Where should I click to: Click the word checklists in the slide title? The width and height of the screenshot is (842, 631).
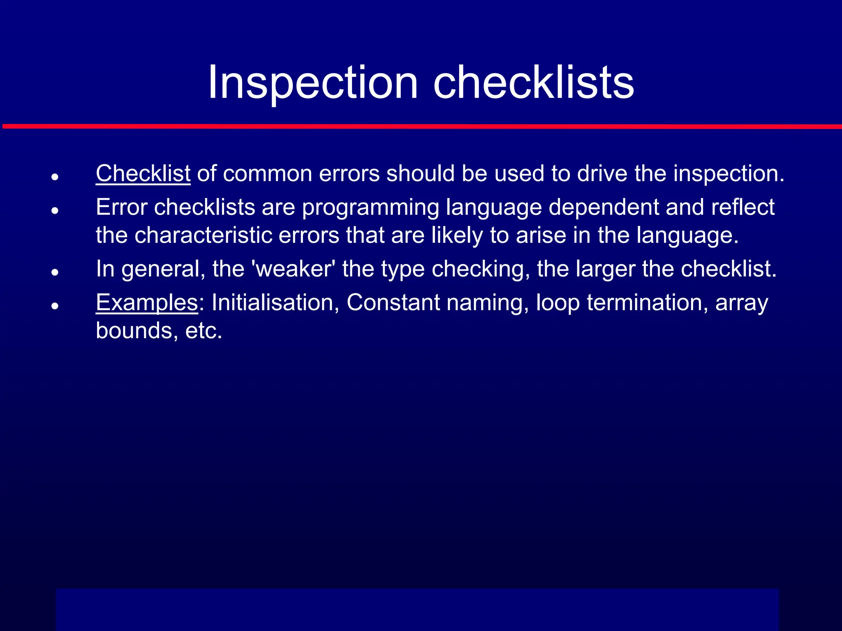[534, 83]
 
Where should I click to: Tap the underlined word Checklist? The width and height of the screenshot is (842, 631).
[143, 173]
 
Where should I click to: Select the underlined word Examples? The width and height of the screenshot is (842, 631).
[147, 303]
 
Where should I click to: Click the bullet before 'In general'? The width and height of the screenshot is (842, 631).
[55, 272]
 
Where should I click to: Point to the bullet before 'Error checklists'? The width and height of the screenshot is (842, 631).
[55, 210]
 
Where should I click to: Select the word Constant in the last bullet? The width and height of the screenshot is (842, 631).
[393, 303]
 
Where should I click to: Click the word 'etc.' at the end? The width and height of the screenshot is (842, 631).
[204, 331]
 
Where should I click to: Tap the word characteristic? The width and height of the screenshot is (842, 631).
[204, 235]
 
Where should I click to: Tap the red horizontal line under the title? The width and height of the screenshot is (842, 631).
[421, 127]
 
